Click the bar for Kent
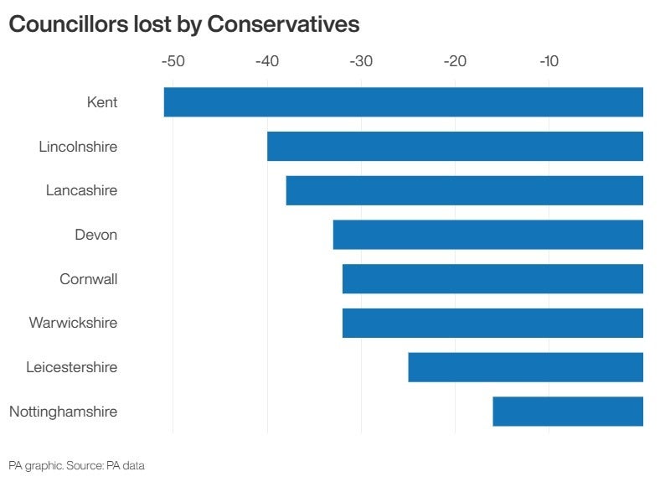403,102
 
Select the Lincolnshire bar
455,147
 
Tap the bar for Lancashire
464,190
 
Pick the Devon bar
487,235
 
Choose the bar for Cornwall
492,279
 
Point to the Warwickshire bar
492,323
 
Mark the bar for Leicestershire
525,367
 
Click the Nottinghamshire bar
568,412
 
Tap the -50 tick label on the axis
173,61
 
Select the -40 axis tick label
266,61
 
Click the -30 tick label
360,61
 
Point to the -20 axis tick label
455,61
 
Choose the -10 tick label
549,61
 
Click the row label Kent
101,102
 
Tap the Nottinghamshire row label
63,412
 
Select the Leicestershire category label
71,367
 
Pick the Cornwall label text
88,279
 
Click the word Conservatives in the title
283,24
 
